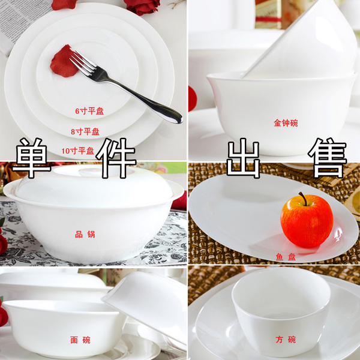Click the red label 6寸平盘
tap(89, 111)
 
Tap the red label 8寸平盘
tap(85, 131)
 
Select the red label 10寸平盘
tap(78, 151)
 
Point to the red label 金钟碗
tap(286, 123)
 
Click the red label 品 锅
tap(85, 235)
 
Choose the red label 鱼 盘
tap(286, 257)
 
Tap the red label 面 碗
tap(80, 340)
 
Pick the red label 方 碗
tap(286, 340)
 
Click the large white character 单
tap(31, 158)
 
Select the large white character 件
tap(116, 158)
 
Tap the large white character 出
tap(244, 158)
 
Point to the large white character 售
tap(328, 158)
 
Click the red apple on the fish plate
tap(307, 221)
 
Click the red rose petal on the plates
tap(63, 61)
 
